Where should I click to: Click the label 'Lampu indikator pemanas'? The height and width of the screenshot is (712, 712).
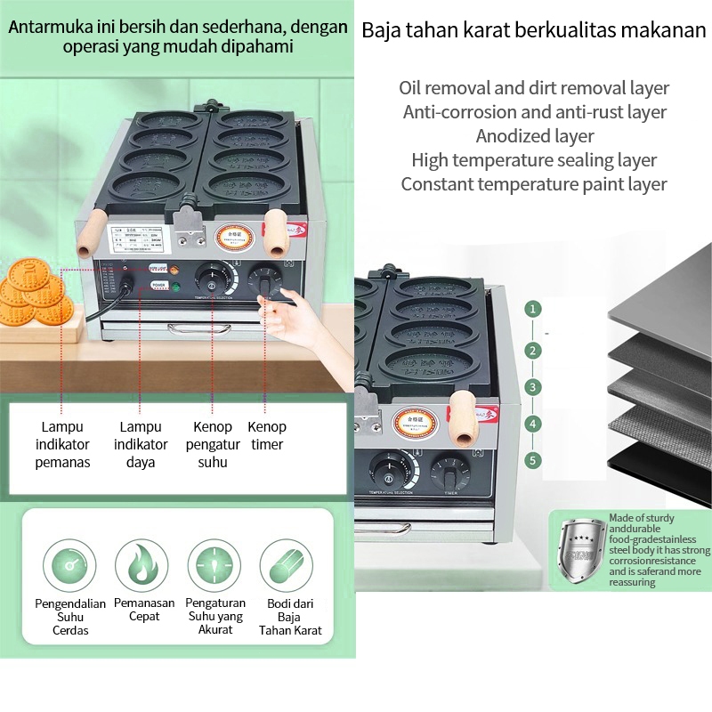[x=62, y=444]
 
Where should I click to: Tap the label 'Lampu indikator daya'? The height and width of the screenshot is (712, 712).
[x=140, y=444]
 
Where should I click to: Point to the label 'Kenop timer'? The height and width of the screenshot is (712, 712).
[x=267, y=435]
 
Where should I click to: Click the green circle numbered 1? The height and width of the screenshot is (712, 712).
[x=532, y=310]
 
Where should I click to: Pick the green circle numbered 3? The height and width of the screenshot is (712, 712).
[x=532, y=387]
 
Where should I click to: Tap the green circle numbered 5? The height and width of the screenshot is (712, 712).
[x=532, y=460]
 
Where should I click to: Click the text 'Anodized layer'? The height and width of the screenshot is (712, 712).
[x=534, y=136]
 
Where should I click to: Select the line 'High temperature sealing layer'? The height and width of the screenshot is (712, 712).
[x=534, y=160]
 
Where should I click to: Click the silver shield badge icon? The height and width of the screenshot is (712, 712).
[x=578, y=550]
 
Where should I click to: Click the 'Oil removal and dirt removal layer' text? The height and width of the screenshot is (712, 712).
[x=534, y=88]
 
